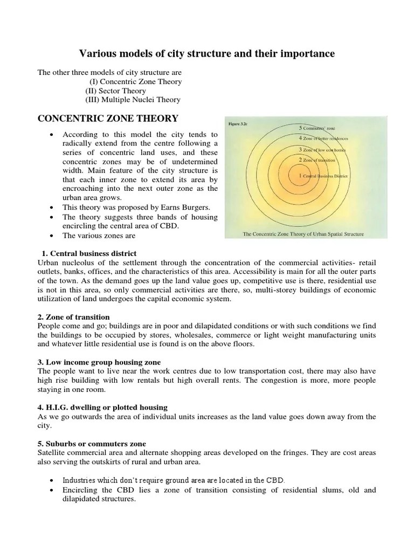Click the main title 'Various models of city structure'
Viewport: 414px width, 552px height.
207,53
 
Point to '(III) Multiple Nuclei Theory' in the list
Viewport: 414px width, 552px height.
133,100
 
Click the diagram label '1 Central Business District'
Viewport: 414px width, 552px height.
319,176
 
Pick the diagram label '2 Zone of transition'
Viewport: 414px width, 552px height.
317,161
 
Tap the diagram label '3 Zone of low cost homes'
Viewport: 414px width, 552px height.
322,149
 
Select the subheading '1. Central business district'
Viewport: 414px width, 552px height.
89,253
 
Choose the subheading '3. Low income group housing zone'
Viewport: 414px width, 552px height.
99,362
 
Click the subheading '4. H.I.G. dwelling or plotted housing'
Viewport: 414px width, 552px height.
102,407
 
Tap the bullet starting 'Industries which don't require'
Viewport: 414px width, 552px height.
172,480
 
